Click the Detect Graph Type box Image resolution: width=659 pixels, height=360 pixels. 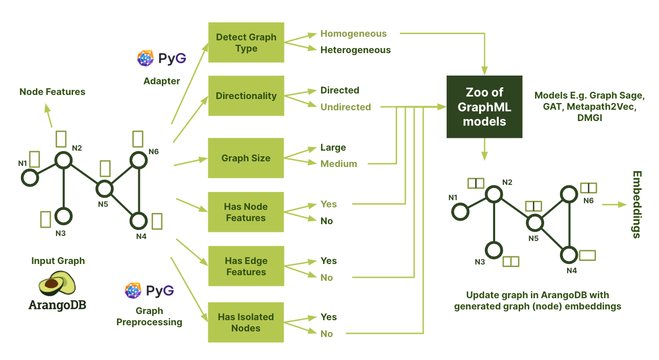coord(246,43)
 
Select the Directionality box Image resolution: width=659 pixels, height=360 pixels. coord(246,96)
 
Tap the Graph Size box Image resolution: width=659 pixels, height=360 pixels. coord(246,158)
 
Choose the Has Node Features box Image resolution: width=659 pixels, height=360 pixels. coord(246,212)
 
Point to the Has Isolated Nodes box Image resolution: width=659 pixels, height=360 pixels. coord(246,323)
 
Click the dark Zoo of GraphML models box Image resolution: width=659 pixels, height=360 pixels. coord(484,107)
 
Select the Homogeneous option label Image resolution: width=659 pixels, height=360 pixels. coord(353,34)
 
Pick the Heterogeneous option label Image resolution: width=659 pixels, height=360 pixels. coord(355,50)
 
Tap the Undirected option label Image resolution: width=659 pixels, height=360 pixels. coord(346,107)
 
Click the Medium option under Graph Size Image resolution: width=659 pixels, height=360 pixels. coord(338,164)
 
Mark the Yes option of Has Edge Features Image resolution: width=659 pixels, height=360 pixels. coord(329,261)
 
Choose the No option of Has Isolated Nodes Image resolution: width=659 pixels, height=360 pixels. coord(327,334)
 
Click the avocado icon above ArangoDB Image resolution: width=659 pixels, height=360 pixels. coord(57,283)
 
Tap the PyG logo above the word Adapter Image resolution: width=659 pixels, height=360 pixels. coord(161,58)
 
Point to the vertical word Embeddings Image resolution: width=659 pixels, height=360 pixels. coord(637,205)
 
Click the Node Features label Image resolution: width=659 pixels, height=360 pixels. coord(52,92)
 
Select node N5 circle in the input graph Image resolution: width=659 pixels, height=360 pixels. coord(105,188)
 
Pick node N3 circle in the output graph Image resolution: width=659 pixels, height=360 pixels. coord(494,250)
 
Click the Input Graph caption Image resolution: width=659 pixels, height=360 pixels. coord(58,261)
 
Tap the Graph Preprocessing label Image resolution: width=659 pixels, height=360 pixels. coord(150,317)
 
